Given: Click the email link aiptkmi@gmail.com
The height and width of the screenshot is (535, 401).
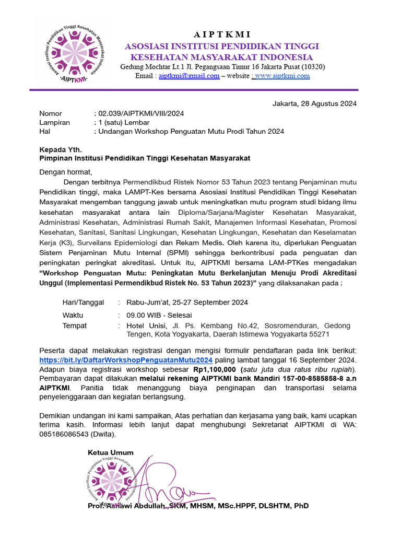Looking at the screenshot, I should point(189,76).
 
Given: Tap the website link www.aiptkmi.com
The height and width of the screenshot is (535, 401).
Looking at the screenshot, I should point(282,76).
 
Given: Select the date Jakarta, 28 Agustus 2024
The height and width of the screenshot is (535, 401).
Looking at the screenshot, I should point(314,103).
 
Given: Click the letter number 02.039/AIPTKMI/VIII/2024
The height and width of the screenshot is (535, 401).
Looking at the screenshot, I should point(139,113).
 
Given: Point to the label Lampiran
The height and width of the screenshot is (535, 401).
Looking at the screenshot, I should point(54,122).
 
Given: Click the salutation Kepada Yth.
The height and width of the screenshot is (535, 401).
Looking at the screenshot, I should point(61,149).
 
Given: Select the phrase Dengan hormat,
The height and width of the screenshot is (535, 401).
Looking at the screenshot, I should point(66,172).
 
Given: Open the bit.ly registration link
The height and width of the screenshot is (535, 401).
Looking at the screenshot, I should point(126,360).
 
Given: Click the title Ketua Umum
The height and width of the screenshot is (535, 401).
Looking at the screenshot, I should point(111,452).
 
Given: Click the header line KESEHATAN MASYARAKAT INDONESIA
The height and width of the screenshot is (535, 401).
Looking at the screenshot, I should point(221,57).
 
